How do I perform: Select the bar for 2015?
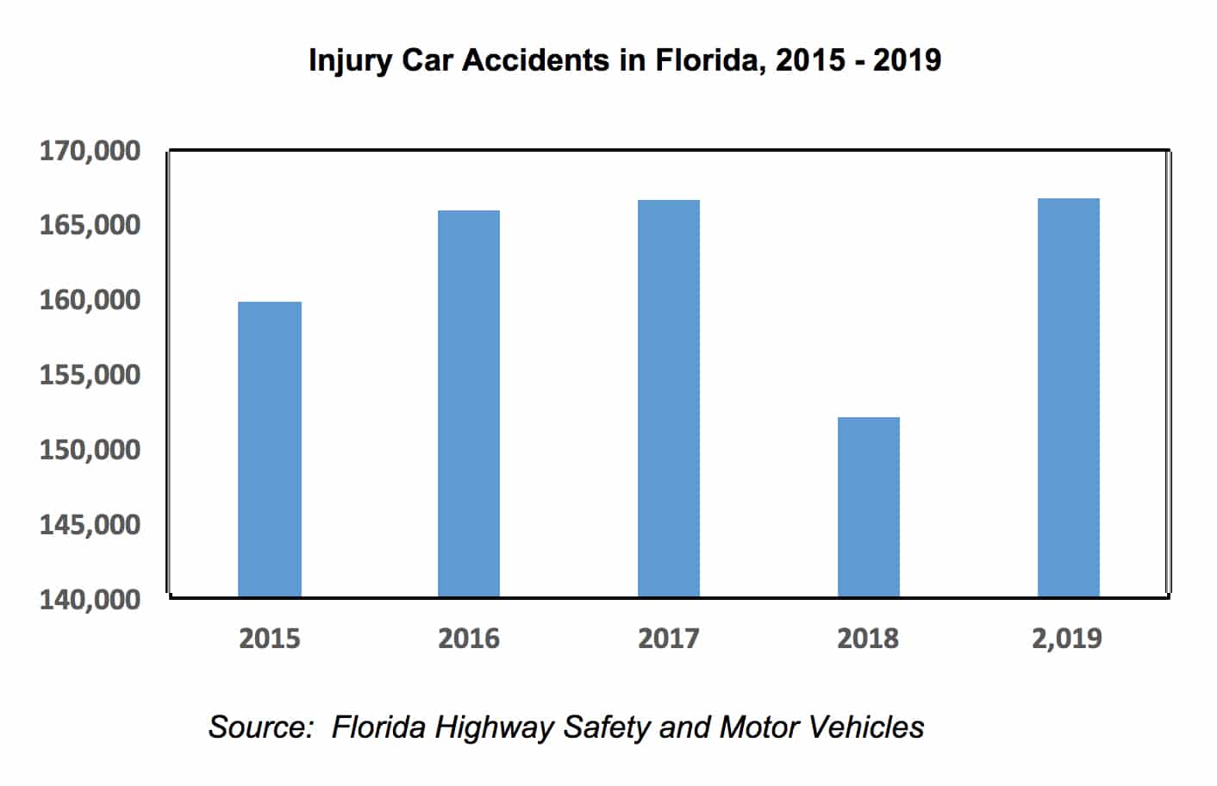270,449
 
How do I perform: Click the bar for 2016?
469,403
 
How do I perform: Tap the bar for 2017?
669,398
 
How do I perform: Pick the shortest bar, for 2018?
869,507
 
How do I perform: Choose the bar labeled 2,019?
1069,397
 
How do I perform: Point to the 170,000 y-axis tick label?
90,151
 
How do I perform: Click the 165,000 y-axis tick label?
90,225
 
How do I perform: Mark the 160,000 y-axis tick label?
90,300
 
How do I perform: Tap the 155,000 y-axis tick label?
90,375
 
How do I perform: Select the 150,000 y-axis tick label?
90,449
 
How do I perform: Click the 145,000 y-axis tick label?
90,524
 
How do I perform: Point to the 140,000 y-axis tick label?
90,599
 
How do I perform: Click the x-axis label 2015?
270,639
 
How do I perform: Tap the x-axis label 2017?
669,639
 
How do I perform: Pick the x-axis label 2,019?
1067,639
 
